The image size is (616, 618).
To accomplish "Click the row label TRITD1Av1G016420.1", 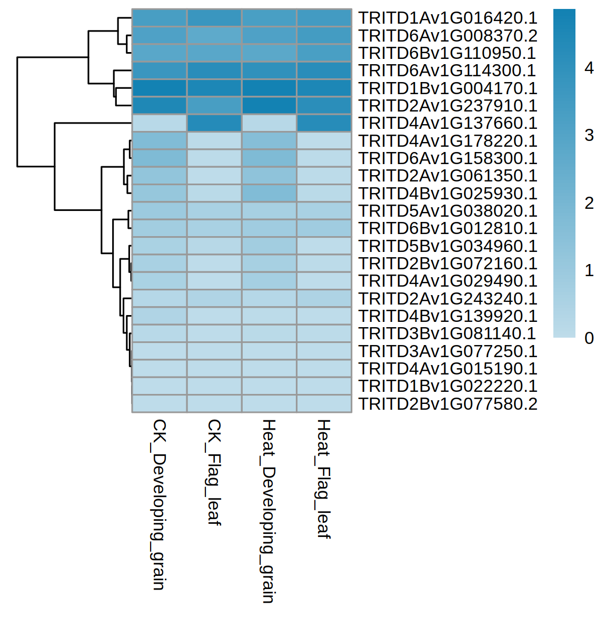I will tap(448, 18).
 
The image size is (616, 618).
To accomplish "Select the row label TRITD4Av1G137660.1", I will tap(448, 123).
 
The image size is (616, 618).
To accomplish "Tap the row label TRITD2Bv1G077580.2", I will tap(448, 404).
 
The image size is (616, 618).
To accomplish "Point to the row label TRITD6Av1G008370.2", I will tap(448, 36).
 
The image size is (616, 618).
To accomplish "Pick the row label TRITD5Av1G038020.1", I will tap(448, 211).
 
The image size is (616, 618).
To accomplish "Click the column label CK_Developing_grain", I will tap(158, 504).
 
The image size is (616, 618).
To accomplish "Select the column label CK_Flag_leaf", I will tap(214, 472).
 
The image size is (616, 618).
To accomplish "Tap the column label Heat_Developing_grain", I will tap(269, 511).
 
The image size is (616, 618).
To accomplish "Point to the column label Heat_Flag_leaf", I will tap(323, 479).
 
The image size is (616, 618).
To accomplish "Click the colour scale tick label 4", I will tap(589, 68).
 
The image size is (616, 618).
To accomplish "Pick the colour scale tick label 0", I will tap(589, 338).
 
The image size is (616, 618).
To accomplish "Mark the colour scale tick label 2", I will tap(589, 203).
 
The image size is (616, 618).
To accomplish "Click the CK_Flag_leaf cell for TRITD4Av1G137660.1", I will tap(214, 123).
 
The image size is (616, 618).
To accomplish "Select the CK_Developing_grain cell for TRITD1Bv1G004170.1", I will tap(159, 88).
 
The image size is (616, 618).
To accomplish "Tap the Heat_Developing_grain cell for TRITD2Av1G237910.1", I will tap(269, 106).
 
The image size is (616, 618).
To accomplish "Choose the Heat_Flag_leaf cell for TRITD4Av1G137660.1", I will tap(324, 123).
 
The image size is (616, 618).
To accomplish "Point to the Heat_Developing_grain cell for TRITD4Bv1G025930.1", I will tap(269, 193).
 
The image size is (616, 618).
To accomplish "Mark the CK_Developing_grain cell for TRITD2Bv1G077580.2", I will tap(159, 403).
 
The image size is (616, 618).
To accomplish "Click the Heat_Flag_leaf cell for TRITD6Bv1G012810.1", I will tap(324, 228).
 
